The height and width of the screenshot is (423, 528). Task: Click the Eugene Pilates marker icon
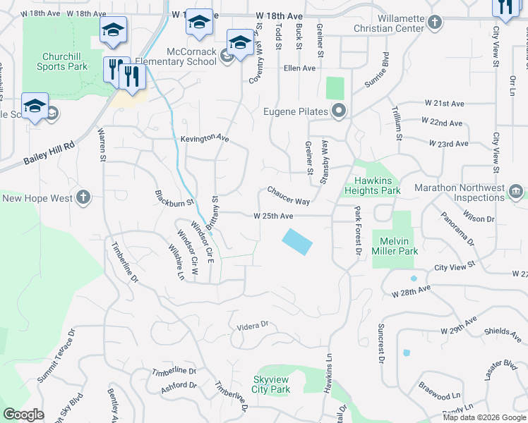click(x=339, y=111)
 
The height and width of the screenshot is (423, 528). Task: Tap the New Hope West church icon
click(x=83, y=198)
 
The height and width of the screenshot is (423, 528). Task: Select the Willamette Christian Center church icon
click(x=436, y=23)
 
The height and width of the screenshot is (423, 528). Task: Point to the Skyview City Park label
click(x=272, y=384)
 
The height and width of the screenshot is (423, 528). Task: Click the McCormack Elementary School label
click(x=191, y=56)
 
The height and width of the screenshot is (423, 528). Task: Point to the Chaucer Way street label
click(x=288, y=196)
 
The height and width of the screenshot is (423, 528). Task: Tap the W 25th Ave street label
click(x=273, y=216)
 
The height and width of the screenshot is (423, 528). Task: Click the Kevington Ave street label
click(x=205, y=139)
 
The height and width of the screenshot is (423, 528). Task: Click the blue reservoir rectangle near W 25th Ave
click(x=297, y=242)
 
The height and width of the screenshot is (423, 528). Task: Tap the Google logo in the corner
click(x=23, y=415)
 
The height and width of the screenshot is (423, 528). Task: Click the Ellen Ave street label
click(x=299, y=68)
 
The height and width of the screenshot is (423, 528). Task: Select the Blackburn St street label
click(x=174, y=198)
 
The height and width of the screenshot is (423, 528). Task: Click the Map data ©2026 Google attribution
click(x=485, y=417)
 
